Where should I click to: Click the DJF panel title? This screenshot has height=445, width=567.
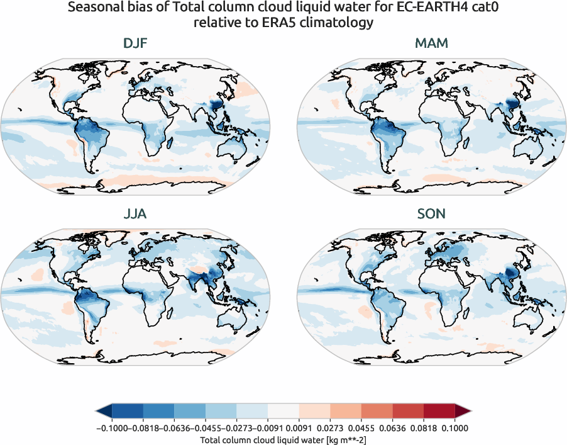(135, 45)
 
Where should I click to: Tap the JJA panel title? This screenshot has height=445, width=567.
(135, 214)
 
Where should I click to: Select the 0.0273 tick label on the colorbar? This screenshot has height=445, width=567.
(314, 428)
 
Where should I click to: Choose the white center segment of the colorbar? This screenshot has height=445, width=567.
(283, 412)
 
